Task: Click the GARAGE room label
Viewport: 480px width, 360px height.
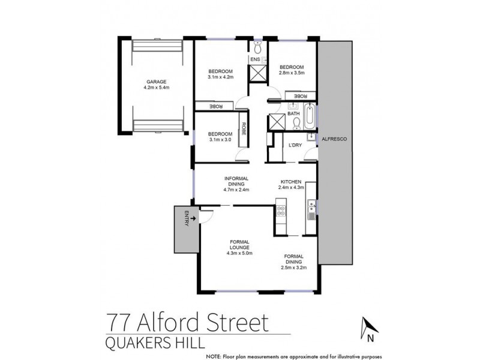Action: coord(155,81)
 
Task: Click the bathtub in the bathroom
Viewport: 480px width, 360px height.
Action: coord(310,116)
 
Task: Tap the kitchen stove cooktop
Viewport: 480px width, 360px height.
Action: coord(280,211)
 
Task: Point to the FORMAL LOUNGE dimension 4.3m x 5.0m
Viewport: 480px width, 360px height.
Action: coord(244,253)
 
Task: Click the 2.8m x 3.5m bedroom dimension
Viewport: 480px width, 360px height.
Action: coord(292,73)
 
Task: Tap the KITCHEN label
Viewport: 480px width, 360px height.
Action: coord(293,181)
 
